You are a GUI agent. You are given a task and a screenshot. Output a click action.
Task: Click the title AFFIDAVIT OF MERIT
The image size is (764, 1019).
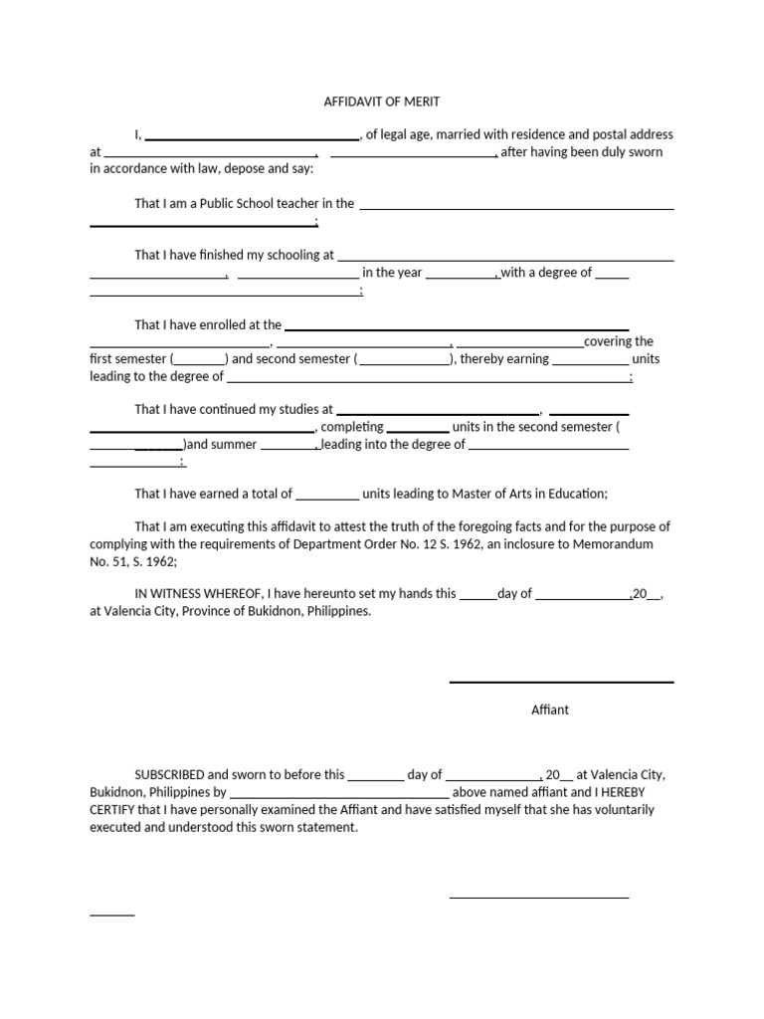[x=382, y=102]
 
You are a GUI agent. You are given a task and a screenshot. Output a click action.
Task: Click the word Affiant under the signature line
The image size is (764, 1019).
[x=550, y=710]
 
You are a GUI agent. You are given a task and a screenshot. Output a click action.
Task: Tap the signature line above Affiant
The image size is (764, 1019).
[x=561, y=683]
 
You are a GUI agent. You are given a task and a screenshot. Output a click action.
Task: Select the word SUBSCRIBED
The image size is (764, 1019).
[x=170, y=774]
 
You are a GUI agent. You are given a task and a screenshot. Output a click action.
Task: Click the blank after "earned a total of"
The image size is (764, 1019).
[x=327, y=498]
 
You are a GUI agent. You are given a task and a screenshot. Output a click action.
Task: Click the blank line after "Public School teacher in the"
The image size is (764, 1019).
[x=515, y=208]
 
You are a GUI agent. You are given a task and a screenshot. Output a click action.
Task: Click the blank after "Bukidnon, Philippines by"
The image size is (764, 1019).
[x=339, y=797]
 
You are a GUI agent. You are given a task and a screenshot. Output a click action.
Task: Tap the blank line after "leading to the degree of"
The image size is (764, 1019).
[x=428, y=381]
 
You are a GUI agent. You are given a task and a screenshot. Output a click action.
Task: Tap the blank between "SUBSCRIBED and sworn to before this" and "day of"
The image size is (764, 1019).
[x=376, y=779]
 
